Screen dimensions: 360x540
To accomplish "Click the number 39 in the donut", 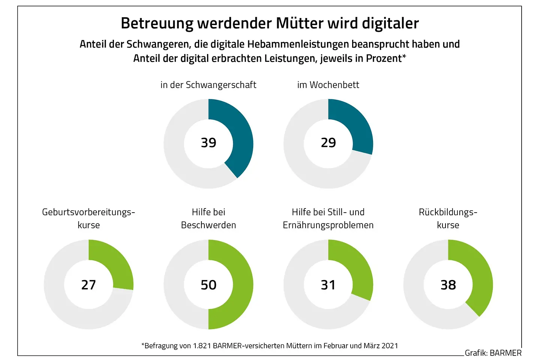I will pos(208,143).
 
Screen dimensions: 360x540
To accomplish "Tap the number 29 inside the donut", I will pos(328,143).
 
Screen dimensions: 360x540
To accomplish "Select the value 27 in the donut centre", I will pos(88,285).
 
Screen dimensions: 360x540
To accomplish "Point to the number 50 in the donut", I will pos(208,285).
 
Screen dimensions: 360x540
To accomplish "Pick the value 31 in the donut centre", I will pos(328,285).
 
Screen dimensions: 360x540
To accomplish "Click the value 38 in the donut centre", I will pos(448,285).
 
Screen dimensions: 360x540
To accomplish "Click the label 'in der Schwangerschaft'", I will pos(208,85).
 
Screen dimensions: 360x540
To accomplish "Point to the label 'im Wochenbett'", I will pos(328,85).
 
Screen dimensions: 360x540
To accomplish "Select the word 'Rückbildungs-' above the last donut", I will pos(448,212).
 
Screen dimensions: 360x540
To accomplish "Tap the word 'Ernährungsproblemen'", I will pos(328,225).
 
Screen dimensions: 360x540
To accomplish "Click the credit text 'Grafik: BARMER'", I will pos(493,353).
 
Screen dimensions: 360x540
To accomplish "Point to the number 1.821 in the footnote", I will pos(202,346).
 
